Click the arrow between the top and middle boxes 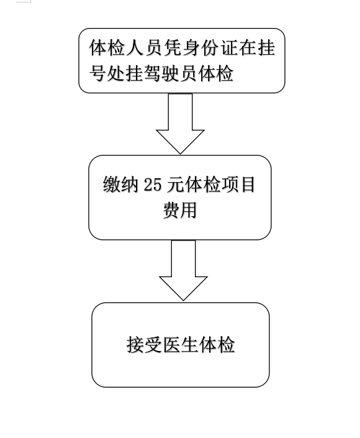180,124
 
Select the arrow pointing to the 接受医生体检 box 183,270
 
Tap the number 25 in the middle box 153,185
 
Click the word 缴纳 120,185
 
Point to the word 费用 180,210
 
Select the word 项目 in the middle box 238,185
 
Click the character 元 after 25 175,185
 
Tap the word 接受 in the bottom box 144,344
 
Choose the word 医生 180,344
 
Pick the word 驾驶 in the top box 162,73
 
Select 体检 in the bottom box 217,344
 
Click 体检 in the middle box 202,185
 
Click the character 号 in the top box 98,73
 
